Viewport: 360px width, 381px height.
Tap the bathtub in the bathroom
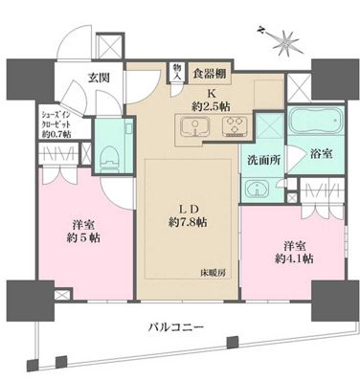pyautogui.click(x=294, y=125)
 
